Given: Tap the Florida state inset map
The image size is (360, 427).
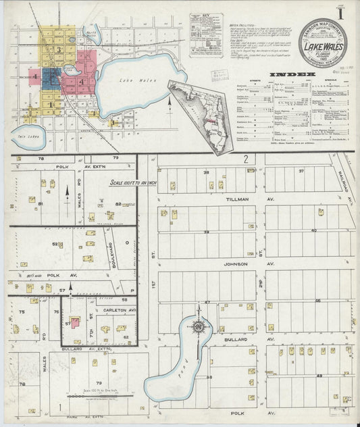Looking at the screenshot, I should click(198, 116).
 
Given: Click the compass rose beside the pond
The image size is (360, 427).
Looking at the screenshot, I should click(198, 327).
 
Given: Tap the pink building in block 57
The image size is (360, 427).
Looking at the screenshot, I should click(74, 324).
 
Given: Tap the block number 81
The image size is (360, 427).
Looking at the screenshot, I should click(41, 203).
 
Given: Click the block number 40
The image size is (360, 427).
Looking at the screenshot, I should click(313, 230).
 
